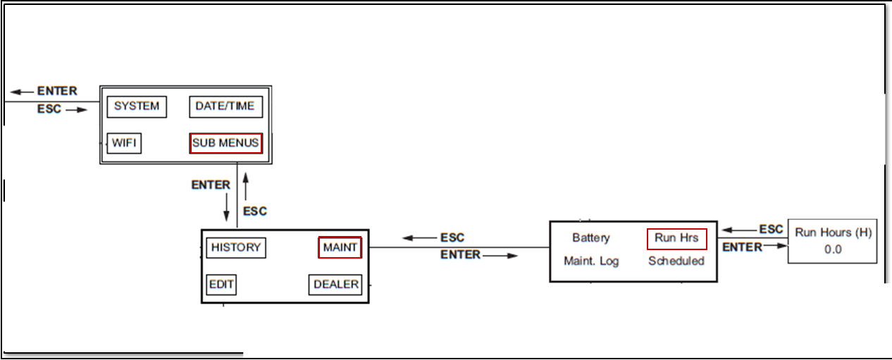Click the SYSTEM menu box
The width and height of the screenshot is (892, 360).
tap(137, 107)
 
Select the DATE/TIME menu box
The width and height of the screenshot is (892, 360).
tap(225, 107)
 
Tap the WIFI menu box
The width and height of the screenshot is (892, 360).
tap(124, 144)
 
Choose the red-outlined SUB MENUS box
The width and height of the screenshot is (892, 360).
tap(225, 144)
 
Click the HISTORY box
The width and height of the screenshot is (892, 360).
tap(235, 248)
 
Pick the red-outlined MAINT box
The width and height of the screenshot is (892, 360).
tap(340, 248)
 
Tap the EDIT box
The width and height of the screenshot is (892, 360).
tap(221, 285)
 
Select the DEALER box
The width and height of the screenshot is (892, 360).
tap(335, 285)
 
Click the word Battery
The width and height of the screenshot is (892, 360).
tap(590, 238)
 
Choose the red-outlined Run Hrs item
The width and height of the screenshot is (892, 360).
tap(676, 238)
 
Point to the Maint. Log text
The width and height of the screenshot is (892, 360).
tap(591, 261)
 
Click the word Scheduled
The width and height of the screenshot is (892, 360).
tap(676, 261)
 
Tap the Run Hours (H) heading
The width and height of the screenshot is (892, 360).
tap(832, 232)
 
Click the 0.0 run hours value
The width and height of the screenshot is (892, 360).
tap(832, 249)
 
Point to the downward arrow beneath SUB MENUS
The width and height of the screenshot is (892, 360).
tap(226, 207)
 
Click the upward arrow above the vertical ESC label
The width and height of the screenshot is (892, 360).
tap(245, 185)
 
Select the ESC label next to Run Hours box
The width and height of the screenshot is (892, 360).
tap(771, 229)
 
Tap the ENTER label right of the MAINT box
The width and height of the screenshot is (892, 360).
tap(460, 255)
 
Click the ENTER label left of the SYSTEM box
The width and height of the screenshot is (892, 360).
tap(57, 92)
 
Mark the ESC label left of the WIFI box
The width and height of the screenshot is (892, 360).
tap(49, 109)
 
